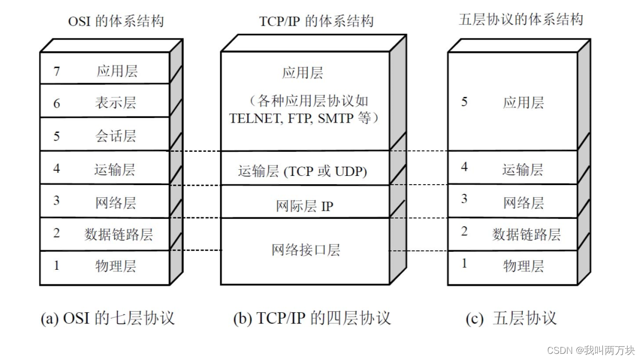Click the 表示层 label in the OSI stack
(115, 103)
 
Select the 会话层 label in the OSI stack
(115, 136)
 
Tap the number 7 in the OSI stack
(56, 71)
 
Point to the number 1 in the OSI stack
(56, 266)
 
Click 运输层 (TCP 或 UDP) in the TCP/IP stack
(302, 171)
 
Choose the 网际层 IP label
(304, 206)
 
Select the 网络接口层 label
(306, 250)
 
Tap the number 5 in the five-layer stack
(464, 102)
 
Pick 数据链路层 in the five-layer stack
(527, 234)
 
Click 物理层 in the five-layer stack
(523, 266)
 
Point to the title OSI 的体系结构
(116, 21)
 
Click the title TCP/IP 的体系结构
(316, 21)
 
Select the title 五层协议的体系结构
(521, 20)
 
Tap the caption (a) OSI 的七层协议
(108, 318)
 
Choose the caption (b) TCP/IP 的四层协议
(312, 318)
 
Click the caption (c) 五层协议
(511, 318)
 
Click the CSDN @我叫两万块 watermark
(591, 350)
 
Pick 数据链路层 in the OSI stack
(119, 234)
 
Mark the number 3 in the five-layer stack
(464, 199)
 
